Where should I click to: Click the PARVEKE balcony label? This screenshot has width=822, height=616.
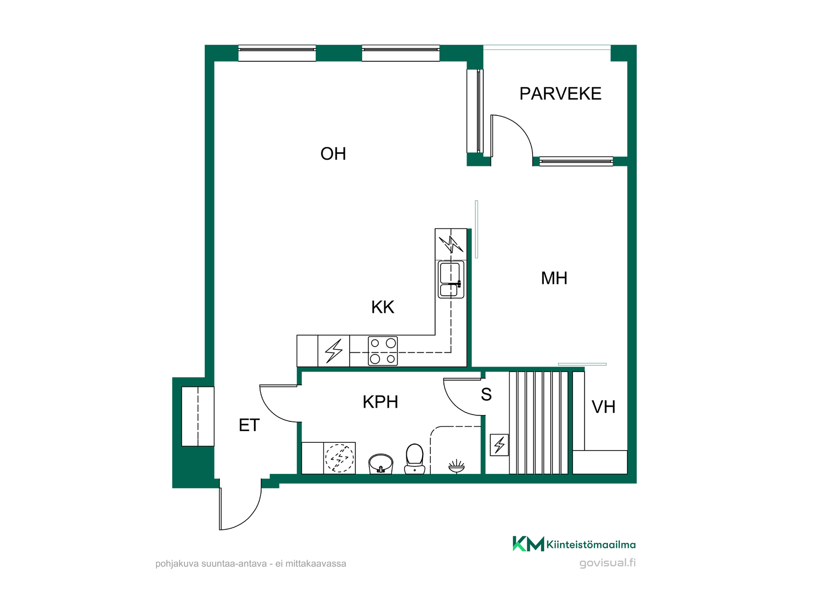pyautogui.click(x=560, y=94)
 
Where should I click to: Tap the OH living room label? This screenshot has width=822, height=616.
pyautogui.click(x=333, y=154)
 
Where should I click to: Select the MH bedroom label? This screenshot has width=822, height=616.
pyautogui.click(x=554, y=278)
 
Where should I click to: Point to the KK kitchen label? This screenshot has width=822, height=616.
pyautogui.click(x=382, y=307)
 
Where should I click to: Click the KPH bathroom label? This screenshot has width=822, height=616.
pyautogui.click(x=380, y=402)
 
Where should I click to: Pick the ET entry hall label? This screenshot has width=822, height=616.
pyautogui.click(x=249, y=425)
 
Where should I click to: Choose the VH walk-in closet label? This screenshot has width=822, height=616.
pyautogui.click(x=603, y=407)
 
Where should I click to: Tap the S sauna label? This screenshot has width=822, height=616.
pyautogui.click(x=486, y=394)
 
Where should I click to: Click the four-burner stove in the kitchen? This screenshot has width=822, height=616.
pyautogui.click(x=383, y=351)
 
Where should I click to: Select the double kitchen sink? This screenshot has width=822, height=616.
pyautogui.click(x=451, y=279)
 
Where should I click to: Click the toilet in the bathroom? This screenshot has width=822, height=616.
pyautogui.click(x=414, y=459)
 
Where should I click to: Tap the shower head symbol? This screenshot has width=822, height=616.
pyautogui.click(x=456, y=466)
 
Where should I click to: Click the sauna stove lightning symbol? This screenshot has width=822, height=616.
pyautogui.click(x=499, y=445)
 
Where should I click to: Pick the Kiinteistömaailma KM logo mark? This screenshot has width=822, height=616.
pyautogui.click(x=528, y=544)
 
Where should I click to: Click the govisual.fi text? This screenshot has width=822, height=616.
pyautogui.click(x=608, y=563)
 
